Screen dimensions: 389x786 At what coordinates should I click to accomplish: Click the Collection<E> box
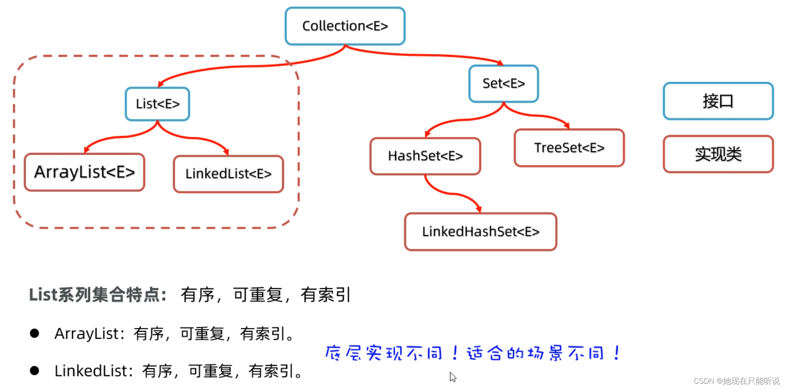coord(345,26)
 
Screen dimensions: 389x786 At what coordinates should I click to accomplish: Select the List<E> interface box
coord(157,104)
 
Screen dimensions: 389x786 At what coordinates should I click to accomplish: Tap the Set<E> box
coord(504,84)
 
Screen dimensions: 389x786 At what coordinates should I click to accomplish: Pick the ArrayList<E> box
coord(84,172)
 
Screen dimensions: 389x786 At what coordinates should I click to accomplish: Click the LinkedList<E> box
coord(228,174)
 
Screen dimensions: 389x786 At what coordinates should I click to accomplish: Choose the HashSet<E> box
coord(425,156)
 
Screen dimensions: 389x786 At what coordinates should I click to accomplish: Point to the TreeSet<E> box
coord(569,148)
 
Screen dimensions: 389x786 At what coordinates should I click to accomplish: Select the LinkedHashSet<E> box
coord(480,232)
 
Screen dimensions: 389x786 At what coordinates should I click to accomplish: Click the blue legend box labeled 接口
coord(718,101)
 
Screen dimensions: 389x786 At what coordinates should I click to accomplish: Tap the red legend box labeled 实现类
coord(718,154)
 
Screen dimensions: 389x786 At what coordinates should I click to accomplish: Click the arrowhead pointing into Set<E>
coord(500,63)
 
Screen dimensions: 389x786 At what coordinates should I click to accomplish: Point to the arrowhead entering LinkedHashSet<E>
coord(479,209)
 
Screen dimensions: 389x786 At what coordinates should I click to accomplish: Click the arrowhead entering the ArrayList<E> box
coord(86,150)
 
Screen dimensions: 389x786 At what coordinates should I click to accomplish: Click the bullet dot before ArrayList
coord(34,334)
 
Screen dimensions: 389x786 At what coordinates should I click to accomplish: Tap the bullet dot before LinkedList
coord(34,371)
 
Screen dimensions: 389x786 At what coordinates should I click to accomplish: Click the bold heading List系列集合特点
coord(97,295)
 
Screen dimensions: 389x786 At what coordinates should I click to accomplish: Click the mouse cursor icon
coord(452,377)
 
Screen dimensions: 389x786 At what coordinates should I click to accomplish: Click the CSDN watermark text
coord(736,381)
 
